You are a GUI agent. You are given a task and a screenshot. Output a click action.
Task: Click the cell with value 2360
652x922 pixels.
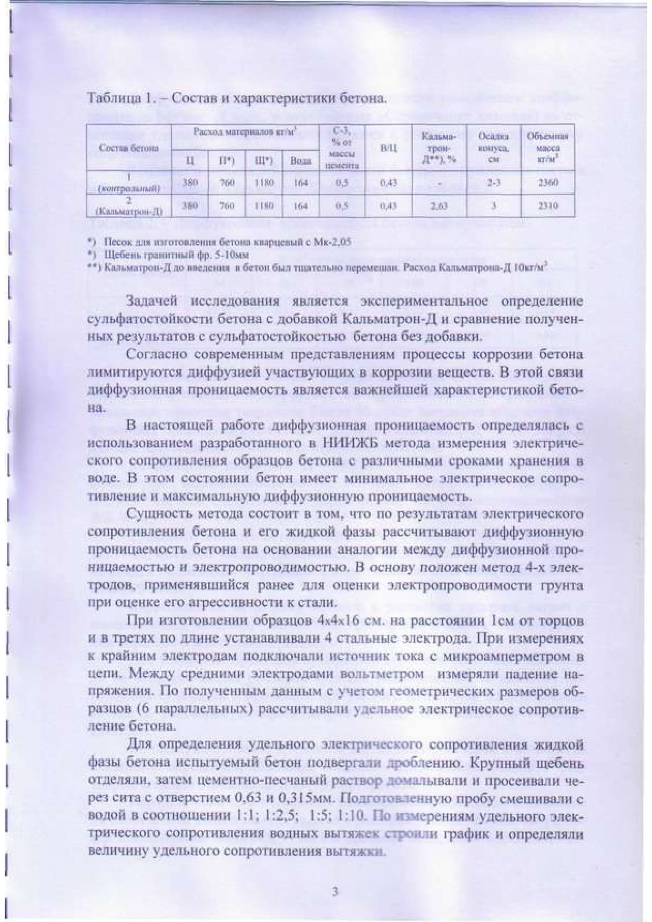pos(548,183)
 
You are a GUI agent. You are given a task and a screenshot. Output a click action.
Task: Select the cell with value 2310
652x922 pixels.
pos(548,206)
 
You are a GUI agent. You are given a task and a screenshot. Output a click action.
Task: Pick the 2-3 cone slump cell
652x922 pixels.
pos(493,183)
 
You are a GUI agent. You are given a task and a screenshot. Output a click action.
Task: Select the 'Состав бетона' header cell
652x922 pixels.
pos(129,148)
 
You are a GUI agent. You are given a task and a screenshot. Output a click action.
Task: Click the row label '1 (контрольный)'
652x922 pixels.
pos(129,183)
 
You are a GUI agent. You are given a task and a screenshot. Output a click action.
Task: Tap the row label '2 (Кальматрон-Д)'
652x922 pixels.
pos(129,206)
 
